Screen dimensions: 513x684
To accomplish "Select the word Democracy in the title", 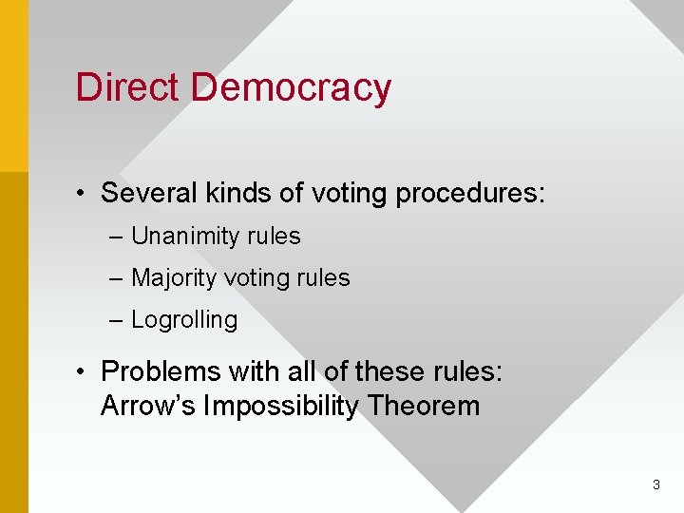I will (x=291, y=88).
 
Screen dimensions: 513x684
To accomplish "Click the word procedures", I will (x=470, y=195).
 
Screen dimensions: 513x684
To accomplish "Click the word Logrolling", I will (x=184, y=320).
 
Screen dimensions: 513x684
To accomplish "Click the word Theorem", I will (x=424, y=407).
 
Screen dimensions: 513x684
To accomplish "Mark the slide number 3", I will (x=655, y=485).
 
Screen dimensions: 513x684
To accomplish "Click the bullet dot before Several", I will (x=85, y=194).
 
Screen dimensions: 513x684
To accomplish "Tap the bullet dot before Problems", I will (x=85, y=371).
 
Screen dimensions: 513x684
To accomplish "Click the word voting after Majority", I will (x=255, y=279).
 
